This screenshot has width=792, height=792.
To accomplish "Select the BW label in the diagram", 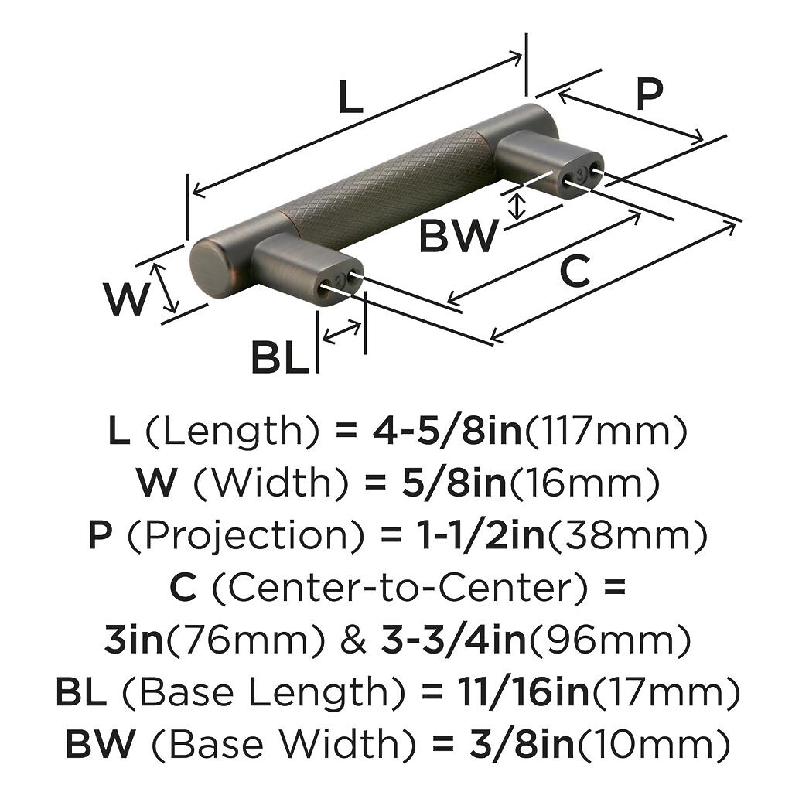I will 458,236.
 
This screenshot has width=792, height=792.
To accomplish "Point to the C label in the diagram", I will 574,271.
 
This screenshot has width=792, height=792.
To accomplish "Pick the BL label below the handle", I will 279,357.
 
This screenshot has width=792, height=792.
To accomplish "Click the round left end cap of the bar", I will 207,268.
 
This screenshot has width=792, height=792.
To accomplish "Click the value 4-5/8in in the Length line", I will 447,432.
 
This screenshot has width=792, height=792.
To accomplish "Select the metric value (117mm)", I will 606,432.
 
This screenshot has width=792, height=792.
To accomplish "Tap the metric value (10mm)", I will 654,745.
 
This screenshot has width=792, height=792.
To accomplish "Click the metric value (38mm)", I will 627,536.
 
